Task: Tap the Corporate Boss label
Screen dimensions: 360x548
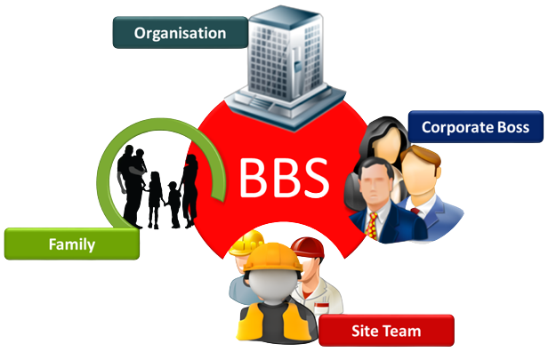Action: click(474, 127)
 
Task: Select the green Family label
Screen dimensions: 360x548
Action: click(71, 243)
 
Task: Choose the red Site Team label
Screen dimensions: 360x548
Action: click(386, 332)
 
